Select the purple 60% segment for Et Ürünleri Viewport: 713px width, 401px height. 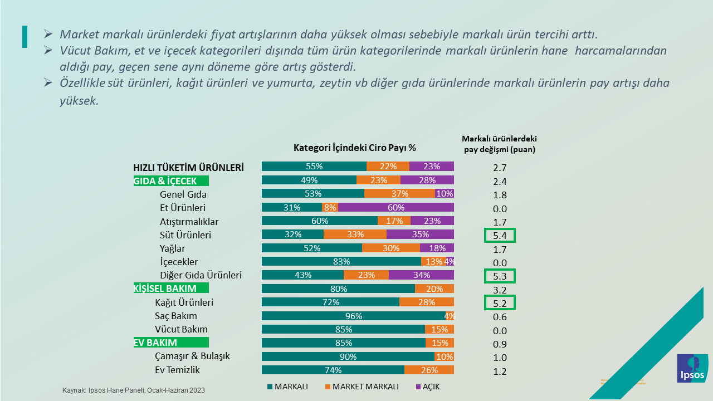395,207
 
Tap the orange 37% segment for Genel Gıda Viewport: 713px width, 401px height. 399,194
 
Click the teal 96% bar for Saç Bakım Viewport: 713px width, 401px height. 353,316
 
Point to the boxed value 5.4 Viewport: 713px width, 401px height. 500,236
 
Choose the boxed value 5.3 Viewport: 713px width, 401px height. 500,276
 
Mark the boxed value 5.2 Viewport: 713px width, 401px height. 500,302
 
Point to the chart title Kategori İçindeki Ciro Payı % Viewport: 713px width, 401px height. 355,148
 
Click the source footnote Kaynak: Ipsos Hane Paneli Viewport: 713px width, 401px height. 133,390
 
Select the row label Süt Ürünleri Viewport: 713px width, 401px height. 185,235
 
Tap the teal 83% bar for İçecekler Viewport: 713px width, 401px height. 341,261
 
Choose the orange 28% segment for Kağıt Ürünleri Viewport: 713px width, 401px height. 426,302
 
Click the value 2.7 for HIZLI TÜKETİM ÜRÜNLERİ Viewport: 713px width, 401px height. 500,168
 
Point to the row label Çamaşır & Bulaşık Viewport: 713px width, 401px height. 192,356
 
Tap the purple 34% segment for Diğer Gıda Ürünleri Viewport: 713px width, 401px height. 421,275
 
